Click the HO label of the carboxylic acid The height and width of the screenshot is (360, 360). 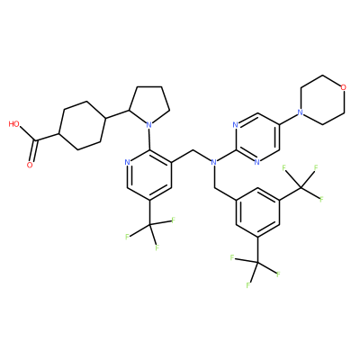(x=14, y=124)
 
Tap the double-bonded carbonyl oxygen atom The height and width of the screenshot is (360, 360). (x=30, y=165)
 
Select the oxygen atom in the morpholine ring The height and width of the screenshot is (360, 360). (x=344, y=87)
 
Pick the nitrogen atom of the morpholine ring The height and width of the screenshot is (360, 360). (x=300, y=112)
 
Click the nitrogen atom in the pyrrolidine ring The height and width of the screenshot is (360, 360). (x=148, y=123)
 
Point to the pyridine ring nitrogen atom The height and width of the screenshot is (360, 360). (x=127, y=163)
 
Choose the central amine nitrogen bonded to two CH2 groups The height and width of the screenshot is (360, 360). (x=213, y=162)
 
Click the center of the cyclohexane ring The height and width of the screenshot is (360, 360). (x=83, y=125)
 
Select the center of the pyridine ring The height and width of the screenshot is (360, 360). (x=149, y=175)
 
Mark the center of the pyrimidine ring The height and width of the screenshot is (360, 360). (x=257, y=138)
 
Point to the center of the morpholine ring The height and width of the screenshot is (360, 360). (x=321, y=100)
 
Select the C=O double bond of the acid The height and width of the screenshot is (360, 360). (x=33, y=151)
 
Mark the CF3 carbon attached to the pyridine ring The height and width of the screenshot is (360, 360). (x=149, y=224)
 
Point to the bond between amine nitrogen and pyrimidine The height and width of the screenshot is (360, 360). (x=226, y=157)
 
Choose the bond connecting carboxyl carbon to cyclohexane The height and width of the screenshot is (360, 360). (x=48, y=137)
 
